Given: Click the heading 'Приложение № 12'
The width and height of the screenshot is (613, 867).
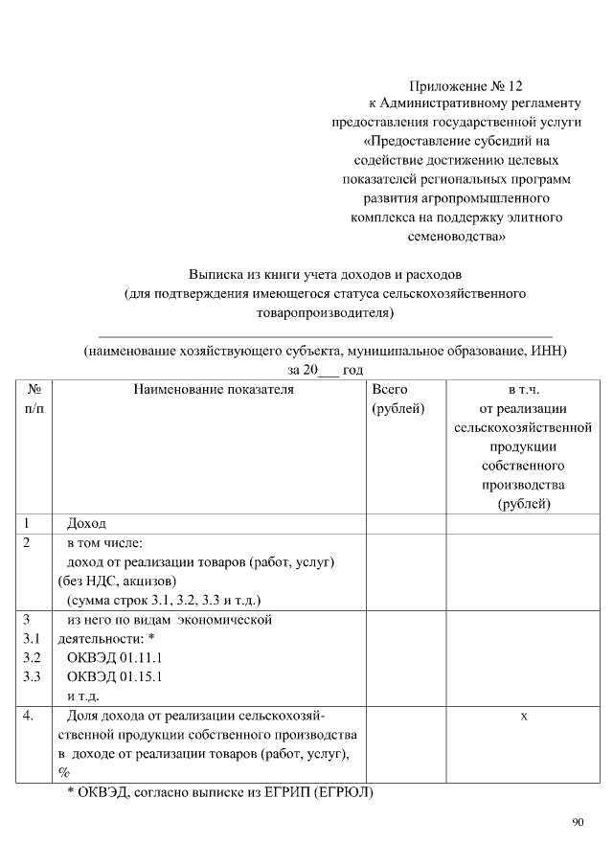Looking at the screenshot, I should click(466, 85).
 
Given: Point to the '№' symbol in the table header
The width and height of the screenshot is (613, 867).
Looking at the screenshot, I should click(34, 391).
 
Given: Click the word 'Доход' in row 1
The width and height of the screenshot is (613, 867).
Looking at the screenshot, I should click(86, 524).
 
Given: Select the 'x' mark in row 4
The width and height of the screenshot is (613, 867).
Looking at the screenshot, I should click(524, 715).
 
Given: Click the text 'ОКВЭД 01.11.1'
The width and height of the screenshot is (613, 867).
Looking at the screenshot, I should click(115, 658).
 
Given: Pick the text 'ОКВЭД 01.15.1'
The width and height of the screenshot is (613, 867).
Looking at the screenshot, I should click(115, 677).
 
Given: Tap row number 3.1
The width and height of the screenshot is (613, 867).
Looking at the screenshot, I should click(33, 639).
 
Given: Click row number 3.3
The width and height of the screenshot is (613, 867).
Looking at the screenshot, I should click(33, 677).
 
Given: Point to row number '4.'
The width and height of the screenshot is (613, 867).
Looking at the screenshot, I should click(31, 715).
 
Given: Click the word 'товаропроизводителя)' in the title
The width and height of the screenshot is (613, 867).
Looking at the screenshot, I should click(326, 312).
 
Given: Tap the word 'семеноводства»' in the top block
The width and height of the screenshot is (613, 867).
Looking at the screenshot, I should click(456, 236).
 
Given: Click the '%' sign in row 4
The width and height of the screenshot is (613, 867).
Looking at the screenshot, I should click(64, 773).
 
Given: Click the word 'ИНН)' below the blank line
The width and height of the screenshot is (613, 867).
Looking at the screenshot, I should click(547, 351).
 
